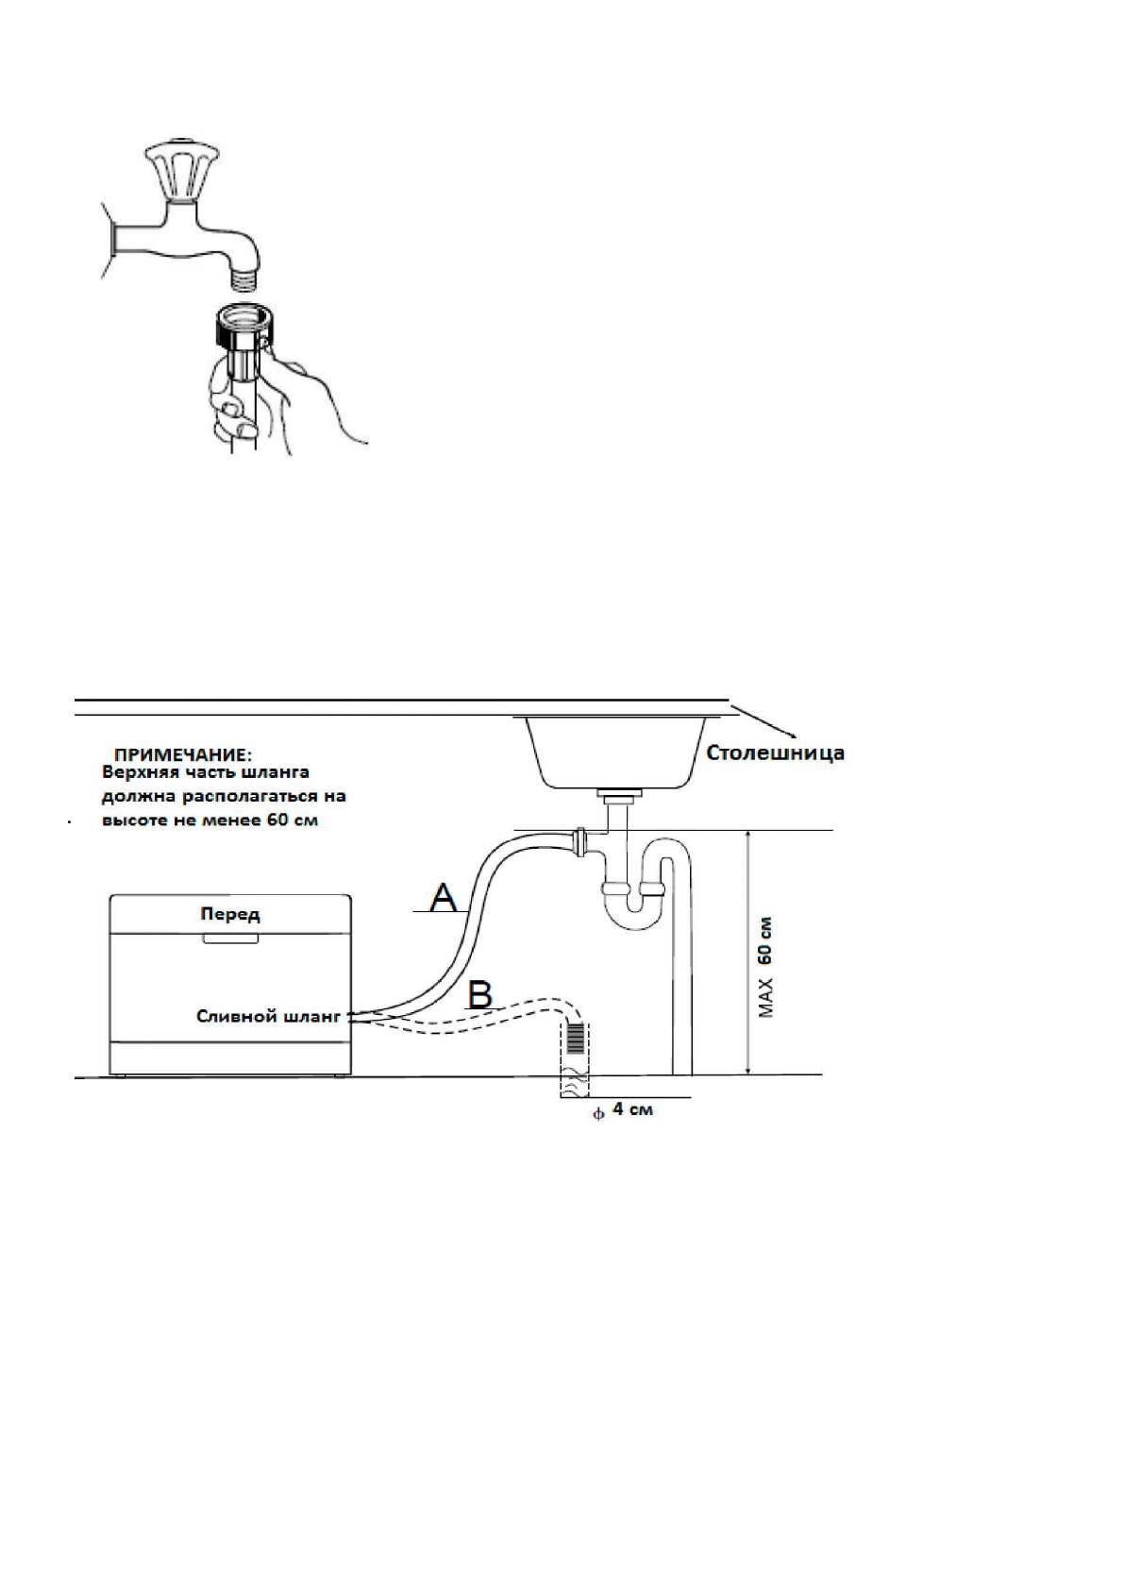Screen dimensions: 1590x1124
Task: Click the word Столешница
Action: (776, 753)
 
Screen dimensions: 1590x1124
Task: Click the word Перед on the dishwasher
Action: (230, 914)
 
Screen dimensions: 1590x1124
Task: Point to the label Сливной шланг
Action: (267, 1016)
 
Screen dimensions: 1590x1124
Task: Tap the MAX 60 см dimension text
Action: (766, 965)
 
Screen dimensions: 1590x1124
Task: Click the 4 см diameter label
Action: (632, 1109)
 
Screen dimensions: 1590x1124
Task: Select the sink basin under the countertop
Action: (612, 752)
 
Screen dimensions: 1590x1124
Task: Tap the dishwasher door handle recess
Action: (230, 939)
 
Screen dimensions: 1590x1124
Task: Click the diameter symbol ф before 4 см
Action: (596, 1113)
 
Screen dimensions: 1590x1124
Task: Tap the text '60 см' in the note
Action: (292, 820)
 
